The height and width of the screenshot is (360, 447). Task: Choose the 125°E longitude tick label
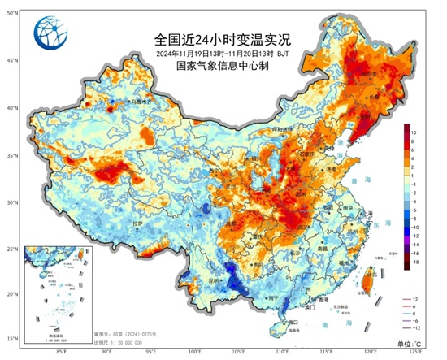415,353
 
